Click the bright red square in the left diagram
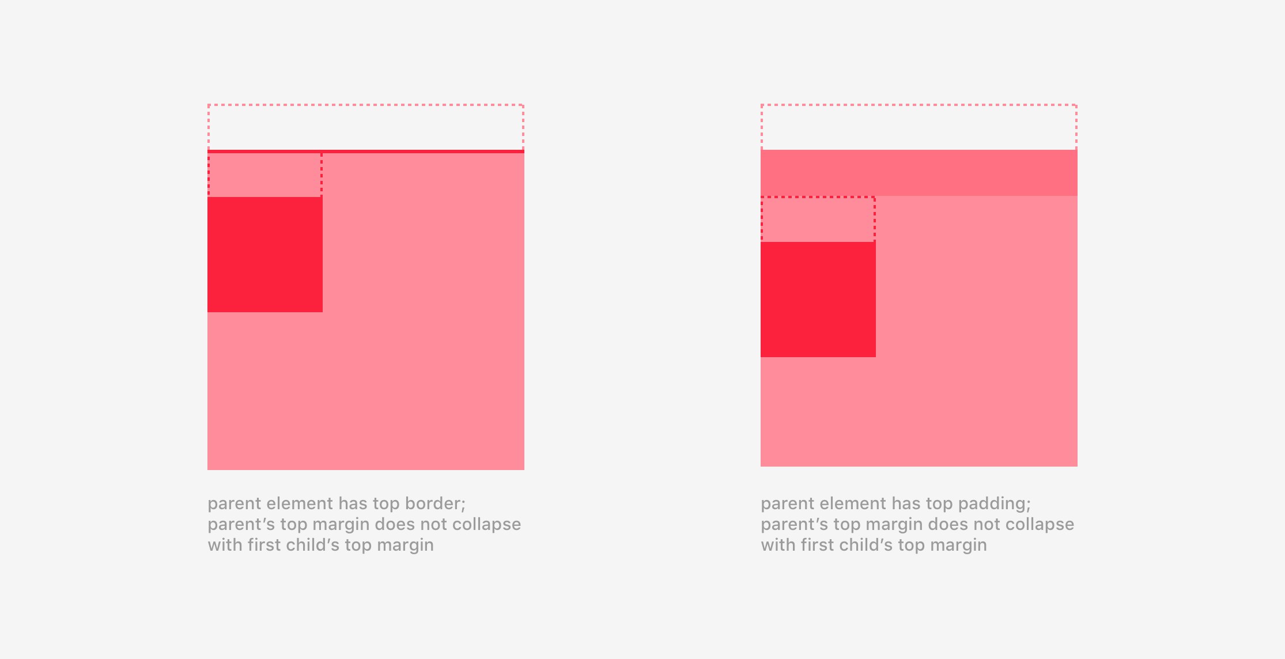click(x=265, y=255)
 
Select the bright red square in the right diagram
click(x=818, y=300)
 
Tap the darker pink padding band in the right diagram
click(x=919, y=173)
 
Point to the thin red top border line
click(x=366, y=152)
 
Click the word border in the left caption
click(x=435, y=503)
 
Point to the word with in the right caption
click(x=778, y=545)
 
